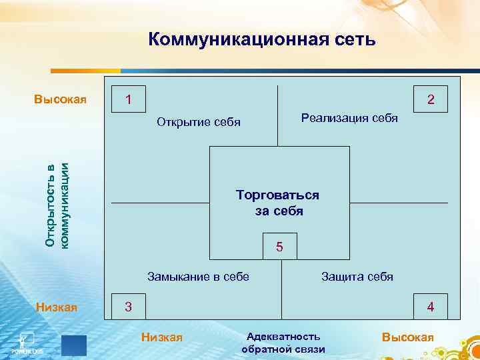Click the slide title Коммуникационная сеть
[x=262, y=40]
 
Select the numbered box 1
[x=129, y=99]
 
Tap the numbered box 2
[x=431, y=99]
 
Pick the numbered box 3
[x=129, y=307]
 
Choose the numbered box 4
[x=431, y=307]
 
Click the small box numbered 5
[x=280, y=247]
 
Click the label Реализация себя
[x=349, y=118]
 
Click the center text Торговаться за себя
[x=278, y=203]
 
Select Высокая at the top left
[x=61, y=100]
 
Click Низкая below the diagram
[x=162, y=337]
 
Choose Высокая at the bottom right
[x=408, y=337]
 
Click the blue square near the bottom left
[x=74, y=346]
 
